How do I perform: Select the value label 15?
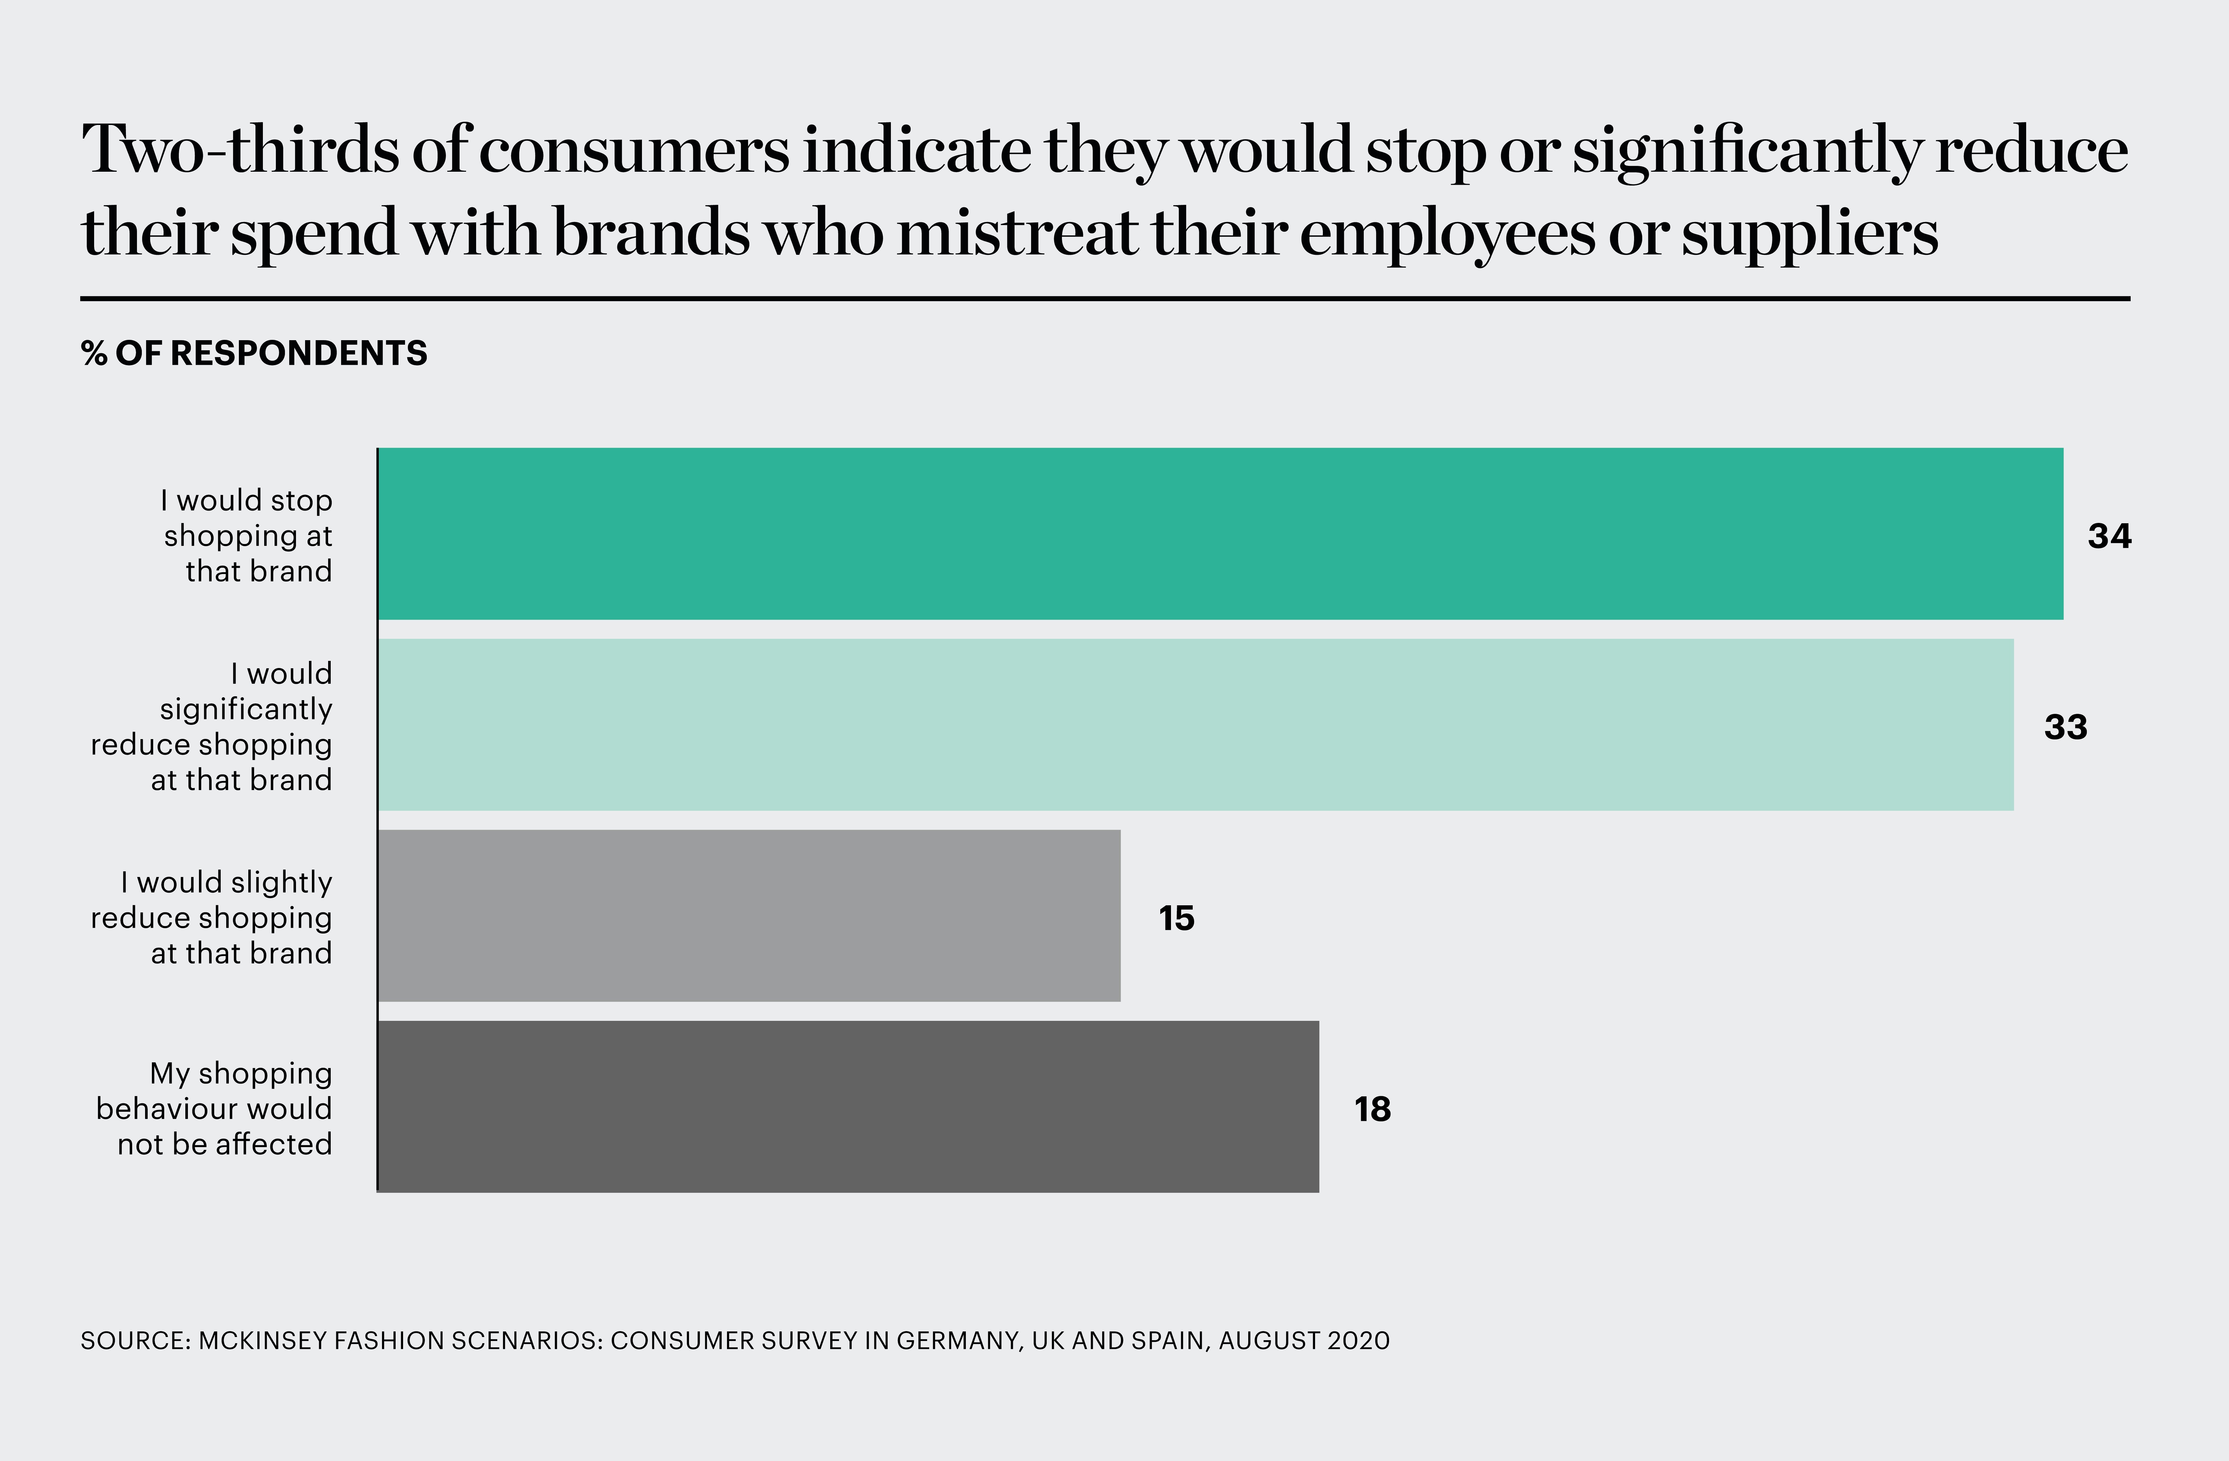pos(1176,919)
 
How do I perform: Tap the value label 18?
pos(1372,1110)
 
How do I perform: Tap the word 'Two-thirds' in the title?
pos(240,150)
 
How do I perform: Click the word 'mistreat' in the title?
pos(1016,232)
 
